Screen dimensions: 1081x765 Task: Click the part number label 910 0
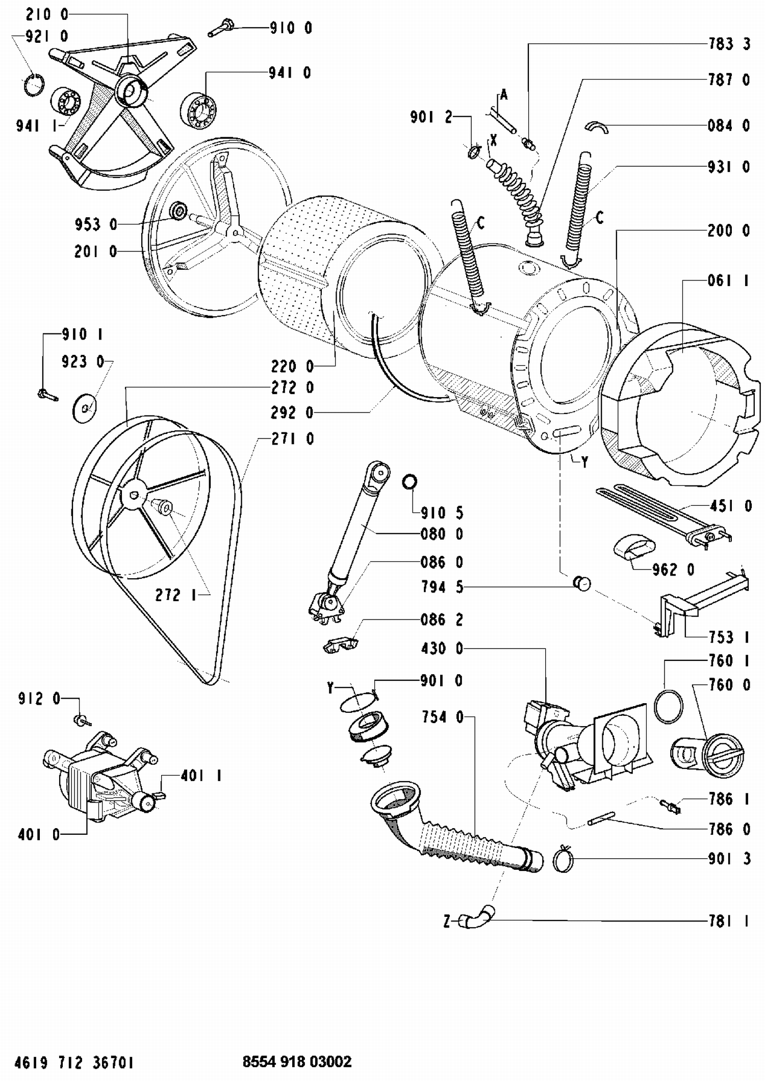tap(291, 28)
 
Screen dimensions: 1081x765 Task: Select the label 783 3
tap(729, 44)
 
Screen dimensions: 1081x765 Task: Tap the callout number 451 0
tap(730, 506)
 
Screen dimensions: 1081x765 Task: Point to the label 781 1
tap(729, 921)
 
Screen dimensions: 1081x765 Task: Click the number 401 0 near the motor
tap(39, 834)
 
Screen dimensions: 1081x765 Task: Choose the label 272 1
tap(175, 595)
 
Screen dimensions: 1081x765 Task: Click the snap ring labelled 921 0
tap(34, 84)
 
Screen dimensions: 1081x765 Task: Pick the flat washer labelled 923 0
tap(85, 408)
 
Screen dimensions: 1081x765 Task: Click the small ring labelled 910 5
tap(410, 481)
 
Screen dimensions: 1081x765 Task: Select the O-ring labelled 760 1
tap(668, 706)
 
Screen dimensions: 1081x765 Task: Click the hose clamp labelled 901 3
tap(564, 860)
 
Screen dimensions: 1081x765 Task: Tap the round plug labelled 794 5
tap(582, 583)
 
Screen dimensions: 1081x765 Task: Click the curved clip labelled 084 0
tap(596, 126)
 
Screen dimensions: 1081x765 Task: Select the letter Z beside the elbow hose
tap(447, 921)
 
